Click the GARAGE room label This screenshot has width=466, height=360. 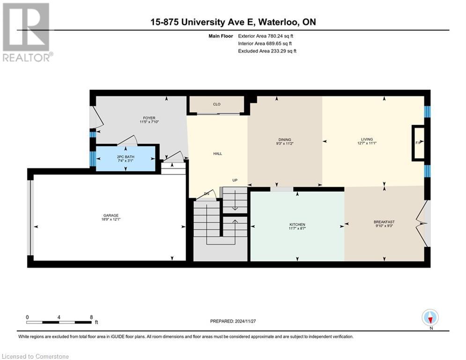coord(107,215)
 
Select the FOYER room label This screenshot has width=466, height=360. coord(149,118)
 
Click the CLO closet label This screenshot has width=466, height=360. coord(216,104)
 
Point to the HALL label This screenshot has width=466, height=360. coord(217,153)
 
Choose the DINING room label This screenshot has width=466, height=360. coord(285,139)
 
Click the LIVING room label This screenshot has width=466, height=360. coord(367,139)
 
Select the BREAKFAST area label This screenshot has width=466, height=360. coord(384,222)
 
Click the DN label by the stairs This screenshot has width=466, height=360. coord(207,194)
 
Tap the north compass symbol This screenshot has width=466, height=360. coord(430,317)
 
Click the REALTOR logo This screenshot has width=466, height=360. coord(26,32)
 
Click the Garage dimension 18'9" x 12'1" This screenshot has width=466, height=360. coord(107,219)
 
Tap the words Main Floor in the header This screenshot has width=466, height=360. coord(220,36)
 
